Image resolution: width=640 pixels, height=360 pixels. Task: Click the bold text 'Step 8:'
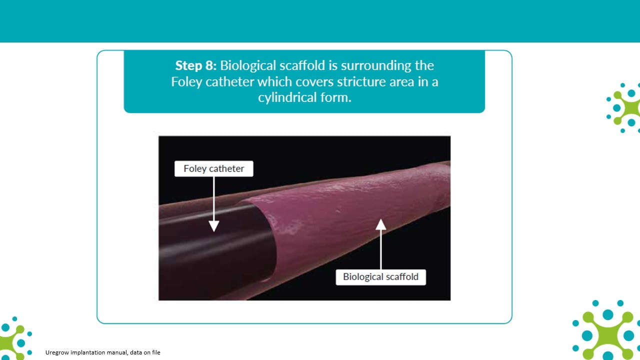tap(195, 65)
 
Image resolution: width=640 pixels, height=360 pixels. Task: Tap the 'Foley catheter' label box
tap(213, 168)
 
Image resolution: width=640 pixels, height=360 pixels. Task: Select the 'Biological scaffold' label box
tap(380, 277)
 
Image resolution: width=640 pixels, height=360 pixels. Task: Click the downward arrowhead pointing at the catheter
tap(213, 226)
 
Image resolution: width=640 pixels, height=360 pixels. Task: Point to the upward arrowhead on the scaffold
tap(380, 224)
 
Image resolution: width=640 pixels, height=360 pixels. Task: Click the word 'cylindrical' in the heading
tap(287, 97)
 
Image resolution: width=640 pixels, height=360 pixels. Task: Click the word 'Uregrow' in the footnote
tap(57, 352)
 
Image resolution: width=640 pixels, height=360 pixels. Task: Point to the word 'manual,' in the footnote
tap(117, 352)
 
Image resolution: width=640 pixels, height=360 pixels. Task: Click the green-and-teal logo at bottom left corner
tap(15, 338)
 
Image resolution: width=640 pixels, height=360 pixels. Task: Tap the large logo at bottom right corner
tap(606, 330)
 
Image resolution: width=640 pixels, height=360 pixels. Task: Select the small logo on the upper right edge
tap(623, 108)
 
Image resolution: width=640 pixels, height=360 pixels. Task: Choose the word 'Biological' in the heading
tap(248, 66)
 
